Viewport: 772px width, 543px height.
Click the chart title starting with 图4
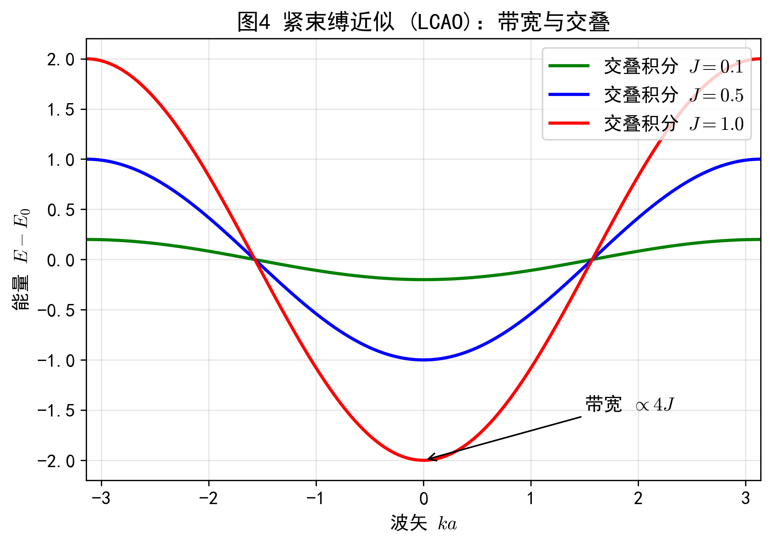[423, 22]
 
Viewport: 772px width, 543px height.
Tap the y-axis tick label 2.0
[61, 60]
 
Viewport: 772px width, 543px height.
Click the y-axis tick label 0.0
[61, 260]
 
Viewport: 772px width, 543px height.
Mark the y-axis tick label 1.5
[61, 110]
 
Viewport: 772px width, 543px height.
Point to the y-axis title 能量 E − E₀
[21, 259]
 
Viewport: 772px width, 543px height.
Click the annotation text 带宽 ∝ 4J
[630, 405]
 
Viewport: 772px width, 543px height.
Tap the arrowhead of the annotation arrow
[428, 459]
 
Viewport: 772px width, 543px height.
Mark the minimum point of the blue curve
[423, 360]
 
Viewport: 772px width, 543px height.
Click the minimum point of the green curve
[423, 280]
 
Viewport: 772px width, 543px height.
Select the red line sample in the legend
[569, 123]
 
